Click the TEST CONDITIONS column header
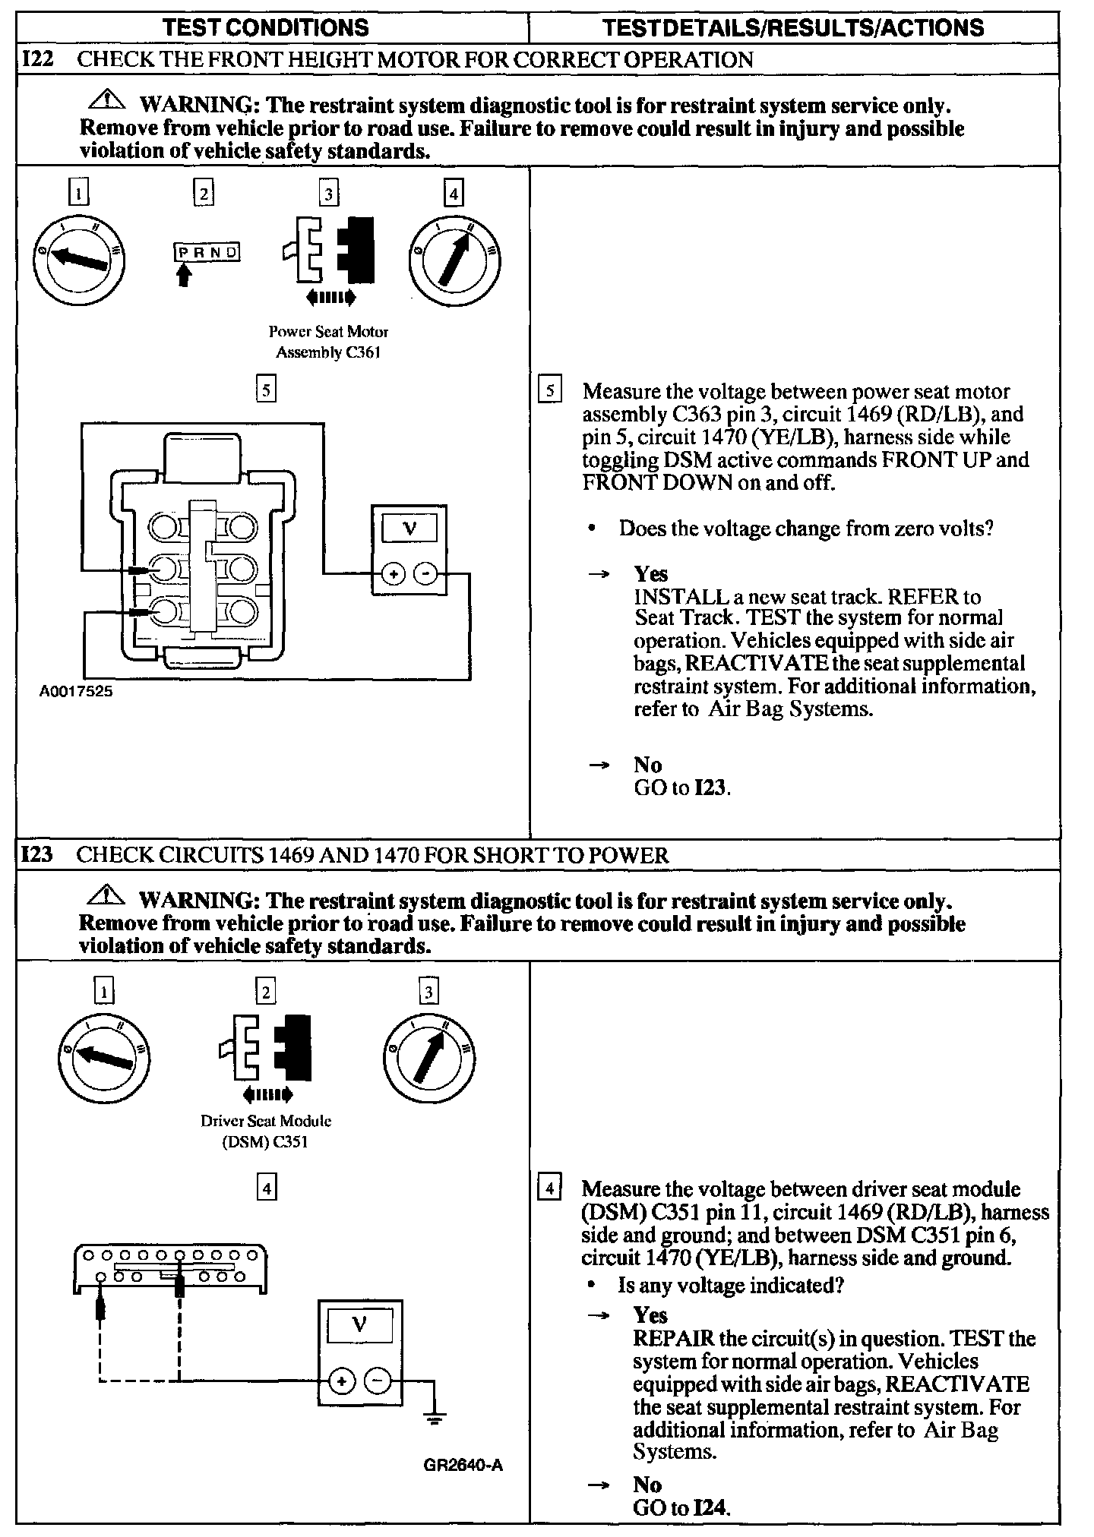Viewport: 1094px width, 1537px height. coord(266,28)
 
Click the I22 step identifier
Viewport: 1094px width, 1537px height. coord(37,59)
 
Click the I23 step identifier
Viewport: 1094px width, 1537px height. coord(37,855)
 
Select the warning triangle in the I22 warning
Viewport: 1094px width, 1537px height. coord(108,100)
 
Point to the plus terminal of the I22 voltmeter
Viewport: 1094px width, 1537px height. coord(393,574)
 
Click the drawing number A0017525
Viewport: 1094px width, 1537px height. coord(76,692)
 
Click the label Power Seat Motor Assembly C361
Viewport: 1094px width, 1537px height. coord(328,342)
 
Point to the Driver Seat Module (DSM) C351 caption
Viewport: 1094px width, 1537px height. coord(266,1131)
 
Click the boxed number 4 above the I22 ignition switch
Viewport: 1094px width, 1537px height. coord(453,194)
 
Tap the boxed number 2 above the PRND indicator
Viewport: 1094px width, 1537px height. coord(203,194)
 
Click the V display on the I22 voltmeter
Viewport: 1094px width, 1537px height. coord(409,529)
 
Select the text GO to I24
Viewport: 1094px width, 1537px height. coord(681,1507)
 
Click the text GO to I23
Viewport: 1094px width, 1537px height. coord(682,787)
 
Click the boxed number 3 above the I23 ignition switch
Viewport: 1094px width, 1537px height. coord(428,992)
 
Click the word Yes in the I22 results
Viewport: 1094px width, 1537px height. coord(651,574)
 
